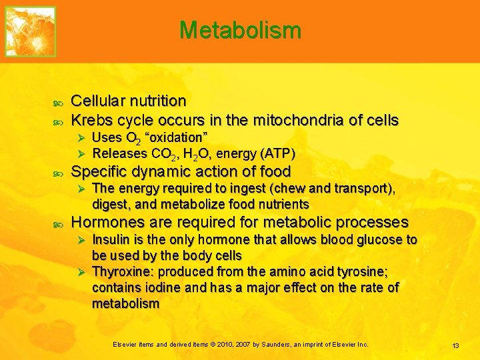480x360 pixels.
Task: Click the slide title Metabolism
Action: tap(240, 30)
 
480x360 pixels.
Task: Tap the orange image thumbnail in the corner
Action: tap(30, 31)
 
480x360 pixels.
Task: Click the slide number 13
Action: tap(456, 345)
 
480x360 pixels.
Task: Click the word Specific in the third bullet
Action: tap(97, 171)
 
